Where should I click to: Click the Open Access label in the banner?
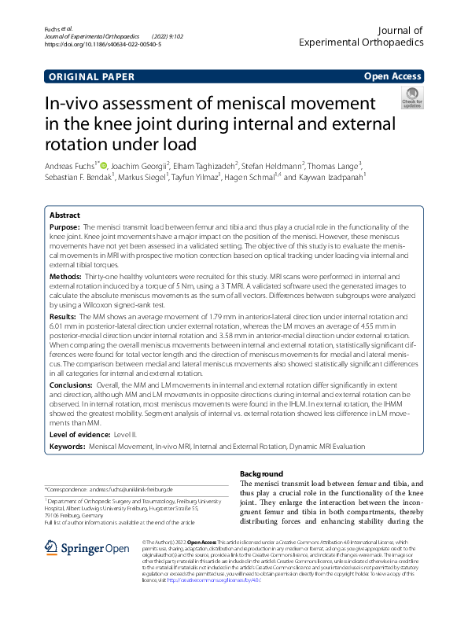392,77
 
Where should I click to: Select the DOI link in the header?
103,46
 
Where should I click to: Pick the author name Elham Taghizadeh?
201,166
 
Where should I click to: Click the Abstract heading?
64,215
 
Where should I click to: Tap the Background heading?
261,474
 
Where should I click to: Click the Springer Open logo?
88,549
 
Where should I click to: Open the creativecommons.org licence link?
205,579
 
